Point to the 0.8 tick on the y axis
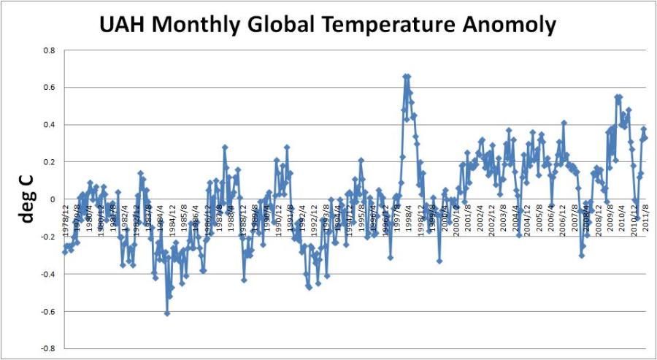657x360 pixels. pos(49,50)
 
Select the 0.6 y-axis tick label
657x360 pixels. pos(49,88)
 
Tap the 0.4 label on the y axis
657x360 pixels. pos(49,125)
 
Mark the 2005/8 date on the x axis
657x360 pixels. pos(540,217)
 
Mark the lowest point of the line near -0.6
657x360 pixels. pos(167,313)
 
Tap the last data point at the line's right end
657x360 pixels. pos(645,137)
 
